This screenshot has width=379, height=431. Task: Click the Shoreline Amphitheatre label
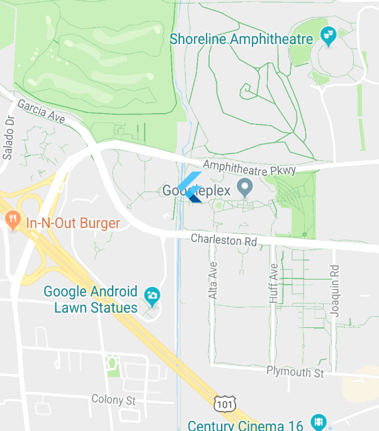(241, 40)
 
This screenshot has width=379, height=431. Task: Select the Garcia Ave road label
(42, 111)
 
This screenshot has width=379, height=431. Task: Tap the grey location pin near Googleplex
(244, 187)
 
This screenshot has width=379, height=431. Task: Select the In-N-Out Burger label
(72, 223)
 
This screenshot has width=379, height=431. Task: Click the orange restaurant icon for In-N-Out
(12, 221)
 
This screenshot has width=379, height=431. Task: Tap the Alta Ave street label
(213, 280)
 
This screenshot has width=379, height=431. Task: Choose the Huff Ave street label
(273, 283)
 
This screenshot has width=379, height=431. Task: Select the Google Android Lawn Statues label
(90, 300)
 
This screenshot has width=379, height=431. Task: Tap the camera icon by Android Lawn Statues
(152, 295)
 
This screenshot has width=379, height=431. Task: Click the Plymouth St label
(295, 373)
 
